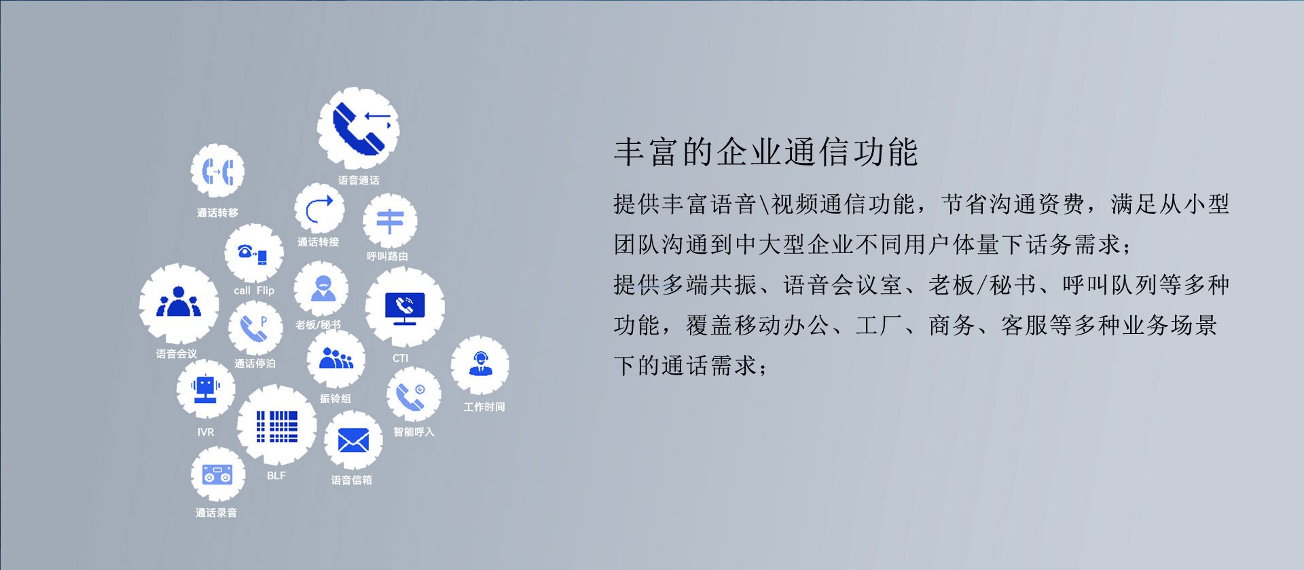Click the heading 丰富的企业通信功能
tap(766, 151)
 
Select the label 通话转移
tap(217, 212)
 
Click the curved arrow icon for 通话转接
tap(319, 209)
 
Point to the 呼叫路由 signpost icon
tap(390, 222)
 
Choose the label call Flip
tap(254, 290)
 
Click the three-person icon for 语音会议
tap(179, 302)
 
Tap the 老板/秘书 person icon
tap(322, 288)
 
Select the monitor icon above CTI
tap(405, 308)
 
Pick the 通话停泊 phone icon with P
tap(255, 328)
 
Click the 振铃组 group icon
tap(336, 358)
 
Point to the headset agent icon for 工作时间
tap(480, 364)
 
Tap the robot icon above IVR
tap(205, 389)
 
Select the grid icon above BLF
tap(277, 426)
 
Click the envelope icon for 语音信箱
tap(353, 441)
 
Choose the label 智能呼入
tap(414, 432)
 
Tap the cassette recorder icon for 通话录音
tap(217, 474)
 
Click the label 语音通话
tap(359, 180)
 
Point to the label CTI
tap(401, 358)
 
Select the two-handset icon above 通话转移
tap(217, 171)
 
